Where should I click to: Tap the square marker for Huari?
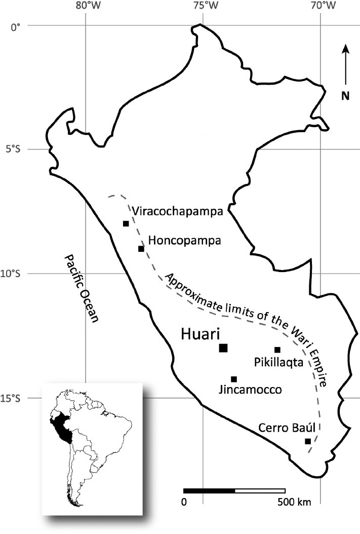coord(223,348)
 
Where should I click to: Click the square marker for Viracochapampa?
coord(126,223)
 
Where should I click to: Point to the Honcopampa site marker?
coord(141,248)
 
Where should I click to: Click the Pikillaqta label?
coord(278,362)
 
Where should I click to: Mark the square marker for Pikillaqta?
coord(277,350)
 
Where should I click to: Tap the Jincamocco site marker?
coord(233,379)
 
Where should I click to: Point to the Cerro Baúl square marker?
coord(307,441)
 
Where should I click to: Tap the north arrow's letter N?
coord(345,95)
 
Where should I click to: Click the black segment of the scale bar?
coord(209,491)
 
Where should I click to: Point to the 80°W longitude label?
coord(86,7)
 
